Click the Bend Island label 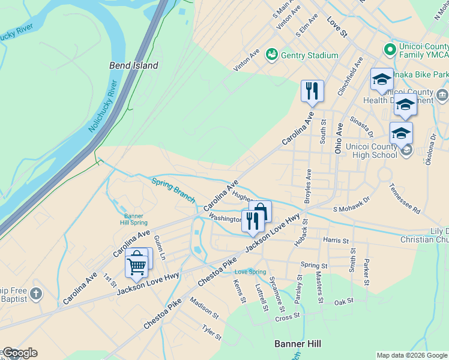tap(133, 65)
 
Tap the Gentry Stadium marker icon tap(271, 55)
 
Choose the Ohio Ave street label tap(339, 137)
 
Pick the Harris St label tap(336, 241)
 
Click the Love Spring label tap(250, 272)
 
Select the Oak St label tap(345, 302)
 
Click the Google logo tap(19, 353)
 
